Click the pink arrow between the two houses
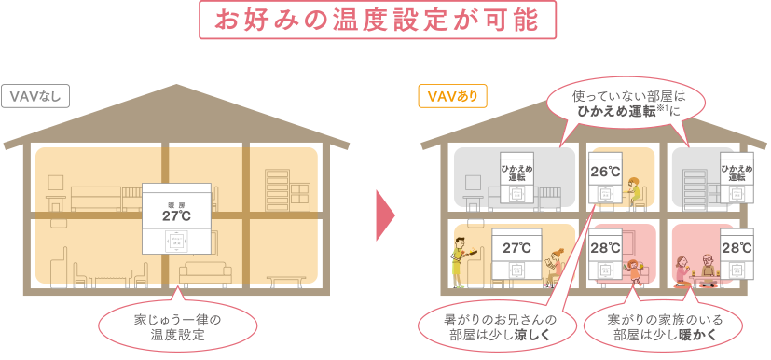(x=385, y=216)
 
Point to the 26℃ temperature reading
(x=605, y=172)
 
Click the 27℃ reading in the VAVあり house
(x=516, y=247)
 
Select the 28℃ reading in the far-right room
(x=737, y=248)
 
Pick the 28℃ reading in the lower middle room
(x=605, y=248)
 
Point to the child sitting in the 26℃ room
(x=635, y=189)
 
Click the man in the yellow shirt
(x=461, y=260)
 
